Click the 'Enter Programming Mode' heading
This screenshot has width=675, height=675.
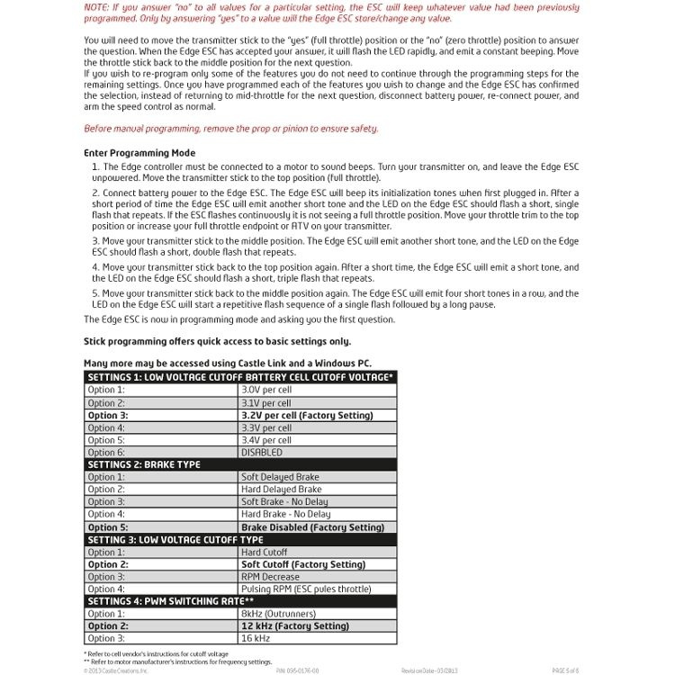click(139, 153)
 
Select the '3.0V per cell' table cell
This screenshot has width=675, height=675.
click(266, 390)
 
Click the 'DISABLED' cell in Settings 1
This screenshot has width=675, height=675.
click(261, 453)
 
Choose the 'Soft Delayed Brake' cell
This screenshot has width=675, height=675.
click(280, 477)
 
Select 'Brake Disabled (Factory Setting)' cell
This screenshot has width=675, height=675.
click(312, 527)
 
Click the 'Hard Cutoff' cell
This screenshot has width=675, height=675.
click(265, 552)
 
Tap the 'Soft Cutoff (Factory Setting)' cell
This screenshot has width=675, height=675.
click(303, 564)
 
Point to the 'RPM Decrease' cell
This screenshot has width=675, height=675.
click(270, 577)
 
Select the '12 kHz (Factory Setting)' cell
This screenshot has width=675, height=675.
click(294, 626)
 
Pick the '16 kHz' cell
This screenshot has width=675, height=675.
click(256, 639)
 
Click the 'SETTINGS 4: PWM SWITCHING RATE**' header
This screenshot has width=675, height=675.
click(171, 600)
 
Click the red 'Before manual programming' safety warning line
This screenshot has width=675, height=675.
click(230, 129)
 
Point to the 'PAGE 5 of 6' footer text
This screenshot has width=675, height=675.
click(570, 671)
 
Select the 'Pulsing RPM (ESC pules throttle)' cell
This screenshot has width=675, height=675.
click(306, 589)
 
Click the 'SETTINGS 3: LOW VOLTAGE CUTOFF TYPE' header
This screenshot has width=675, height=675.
click(175, 540)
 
